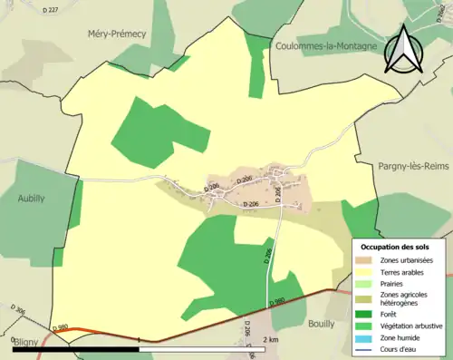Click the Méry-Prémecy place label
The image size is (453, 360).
(x=116, y=34)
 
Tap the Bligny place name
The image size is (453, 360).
(x=26, y=345)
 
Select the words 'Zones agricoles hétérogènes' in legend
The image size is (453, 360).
(x=404, y=299)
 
